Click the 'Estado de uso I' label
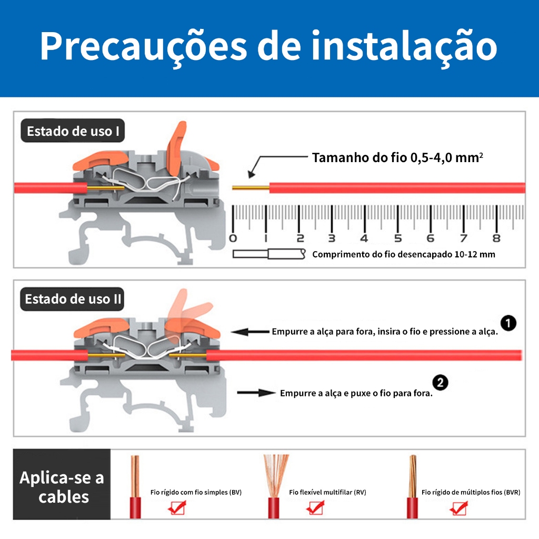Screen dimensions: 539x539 point(73,131)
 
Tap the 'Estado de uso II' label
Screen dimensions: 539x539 point(72,299)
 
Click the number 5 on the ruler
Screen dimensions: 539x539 point(398,238)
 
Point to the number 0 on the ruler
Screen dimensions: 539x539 point(233,238)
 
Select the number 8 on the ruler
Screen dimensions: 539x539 point(496,238)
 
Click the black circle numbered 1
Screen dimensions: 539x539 point(508,323)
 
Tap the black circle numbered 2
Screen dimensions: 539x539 point(440,383)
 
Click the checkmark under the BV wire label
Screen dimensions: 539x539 point(177,507)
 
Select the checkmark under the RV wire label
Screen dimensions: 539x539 point(315,507)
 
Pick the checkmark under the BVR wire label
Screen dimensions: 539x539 point(458,508)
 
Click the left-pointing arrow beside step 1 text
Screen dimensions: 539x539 point(250,332)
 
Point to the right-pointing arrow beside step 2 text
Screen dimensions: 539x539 point(256,393)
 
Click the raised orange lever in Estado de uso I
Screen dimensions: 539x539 point(176,149)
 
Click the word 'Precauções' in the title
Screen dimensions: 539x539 point(143,46)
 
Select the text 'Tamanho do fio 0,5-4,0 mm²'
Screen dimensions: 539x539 point(397,157)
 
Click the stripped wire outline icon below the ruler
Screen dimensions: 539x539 point(269,254)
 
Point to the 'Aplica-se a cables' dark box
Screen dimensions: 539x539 point(62,484)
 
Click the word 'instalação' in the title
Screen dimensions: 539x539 point(404,46)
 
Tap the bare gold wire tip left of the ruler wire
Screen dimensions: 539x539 point(251,188)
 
